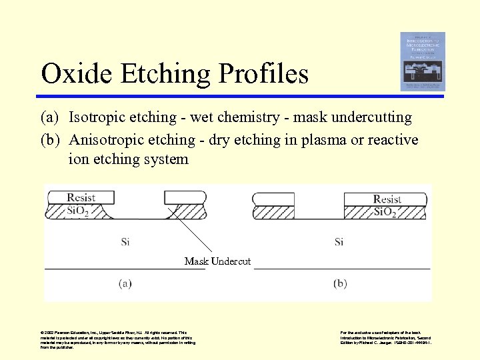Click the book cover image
pyautogui.click(x=423, y=61)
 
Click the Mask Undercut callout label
pyautogui.click(x=217, y=261)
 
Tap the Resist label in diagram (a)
pyautogui.click(x=81, y=198)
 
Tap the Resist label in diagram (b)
pyautogui.click(x=387, y=199)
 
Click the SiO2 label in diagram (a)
pyautogui.click(x=82, y=211)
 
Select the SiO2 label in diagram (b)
pyautogui.click(x=387, y=212)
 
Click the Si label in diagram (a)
pyautogui.click(x=125, y=241)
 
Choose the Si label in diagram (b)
pyautogui.click(x=339, y=241)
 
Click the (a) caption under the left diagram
pyautogui.click(x=125, y=283)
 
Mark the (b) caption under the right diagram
pyautogui.click(x=339, y=283)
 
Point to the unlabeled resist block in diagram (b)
pyautogui.click(x=273, y=199)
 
